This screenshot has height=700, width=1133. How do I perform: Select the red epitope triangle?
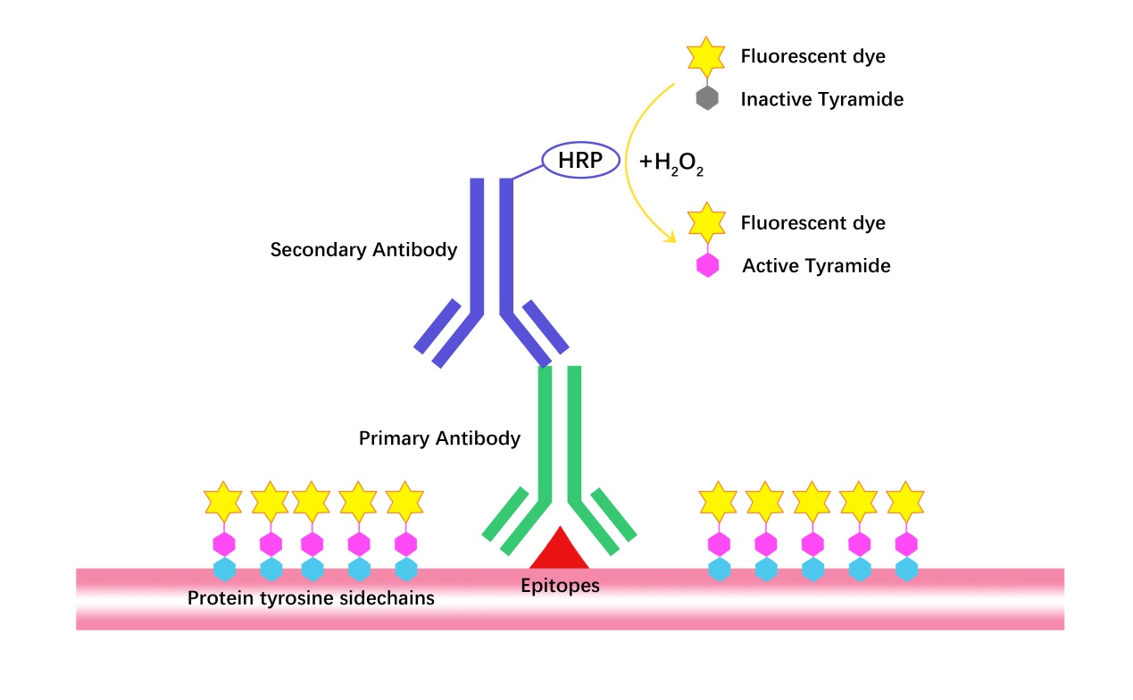(x=560, y=549)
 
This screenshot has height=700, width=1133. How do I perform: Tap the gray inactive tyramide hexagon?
(x=707, y=97)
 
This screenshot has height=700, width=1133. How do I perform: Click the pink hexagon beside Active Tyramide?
(x=708, y=265)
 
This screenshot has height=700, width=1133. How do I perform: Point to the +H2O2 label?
(x=671, y=162)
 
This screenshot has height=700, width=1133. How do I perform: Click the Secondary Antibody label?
(x=363, y=250)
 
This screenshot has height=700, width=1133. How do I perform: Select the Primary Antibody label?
(x=439, y=438)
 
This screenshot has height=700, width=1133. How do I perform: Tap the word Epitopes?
(x=560, y=586)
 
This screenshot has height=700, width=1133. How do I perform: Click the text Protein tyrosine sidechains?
(x=311, y=598)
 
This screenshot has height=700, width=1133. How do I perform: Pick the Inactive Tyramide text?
(x=822, y=99)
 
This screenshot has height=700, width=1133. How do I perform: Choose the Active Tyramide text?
(x=816, y=265)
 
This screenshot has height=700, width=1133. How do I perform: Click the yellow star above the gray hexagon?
(x=706, y=56)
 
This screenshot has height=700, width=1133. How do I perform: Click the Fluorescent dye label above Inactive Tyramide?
(x=812, y=56)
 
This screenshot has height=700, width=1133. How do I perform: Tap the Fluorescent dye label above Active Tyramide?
(x=812, y=223)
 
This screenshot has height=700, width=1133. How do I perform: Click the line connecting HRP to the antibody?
(x=528, y=172)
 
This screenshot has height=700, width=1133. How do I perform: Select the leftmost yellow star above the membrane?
(x=223, y=502)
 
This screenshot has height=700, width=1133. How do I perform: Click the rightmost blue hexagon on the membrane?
(x=906, y=569)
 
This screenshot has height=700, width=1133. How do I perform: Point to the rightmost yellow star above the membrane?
(x=905, y=502)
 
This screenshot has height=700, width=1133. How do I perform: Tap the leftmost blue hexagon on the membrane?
(x=225, y=569)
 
